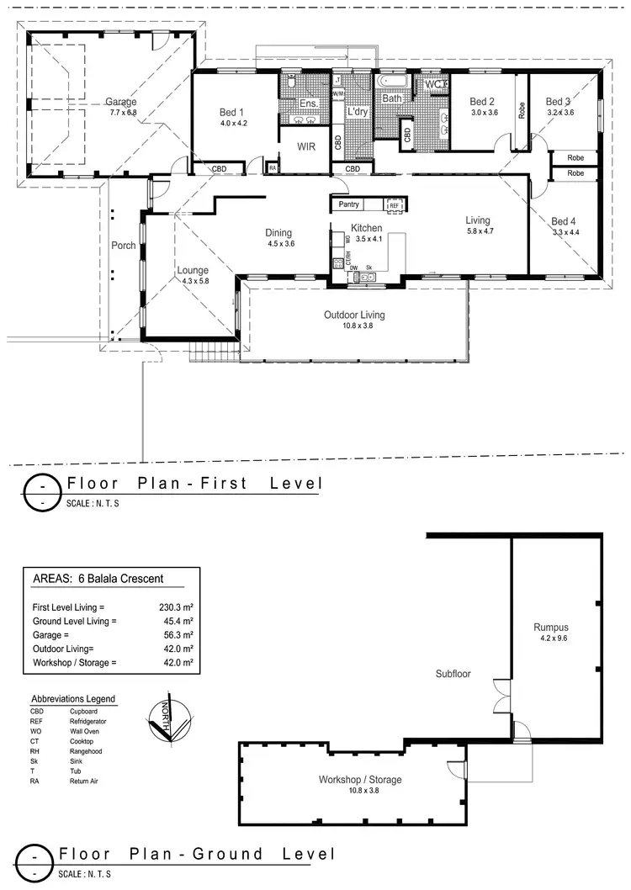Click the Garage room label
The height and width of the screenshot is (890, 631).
(x=122, y=102)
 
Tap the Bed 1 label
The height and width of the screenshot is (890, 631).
(x=231, y=112)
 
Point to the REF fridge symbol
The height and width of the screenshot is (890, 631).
(x=394, y=204)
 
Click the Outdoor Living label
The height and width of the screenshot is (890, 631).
(x=354, y=315)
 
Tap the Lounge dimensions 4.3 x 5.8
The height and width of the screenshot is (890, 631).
(x=193, y=281)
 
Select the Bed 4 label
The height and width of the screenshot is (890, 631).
(x=565, y=221)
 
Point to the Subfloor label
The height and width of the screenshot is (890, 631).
(x=453, y=674)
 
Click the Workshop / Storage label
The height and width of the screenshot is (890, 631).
(x=359, y=779)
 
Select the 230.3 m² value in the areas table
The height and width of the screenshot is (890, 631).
(x=177, y=607)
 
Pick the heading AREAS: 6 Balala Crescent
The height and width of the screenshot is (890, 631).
(x=97, y=579)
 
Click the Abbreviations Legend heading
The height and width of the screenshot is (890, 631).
(x=73, y=699)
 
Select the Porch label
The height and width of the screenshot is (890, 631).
(x=124, y=246)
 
